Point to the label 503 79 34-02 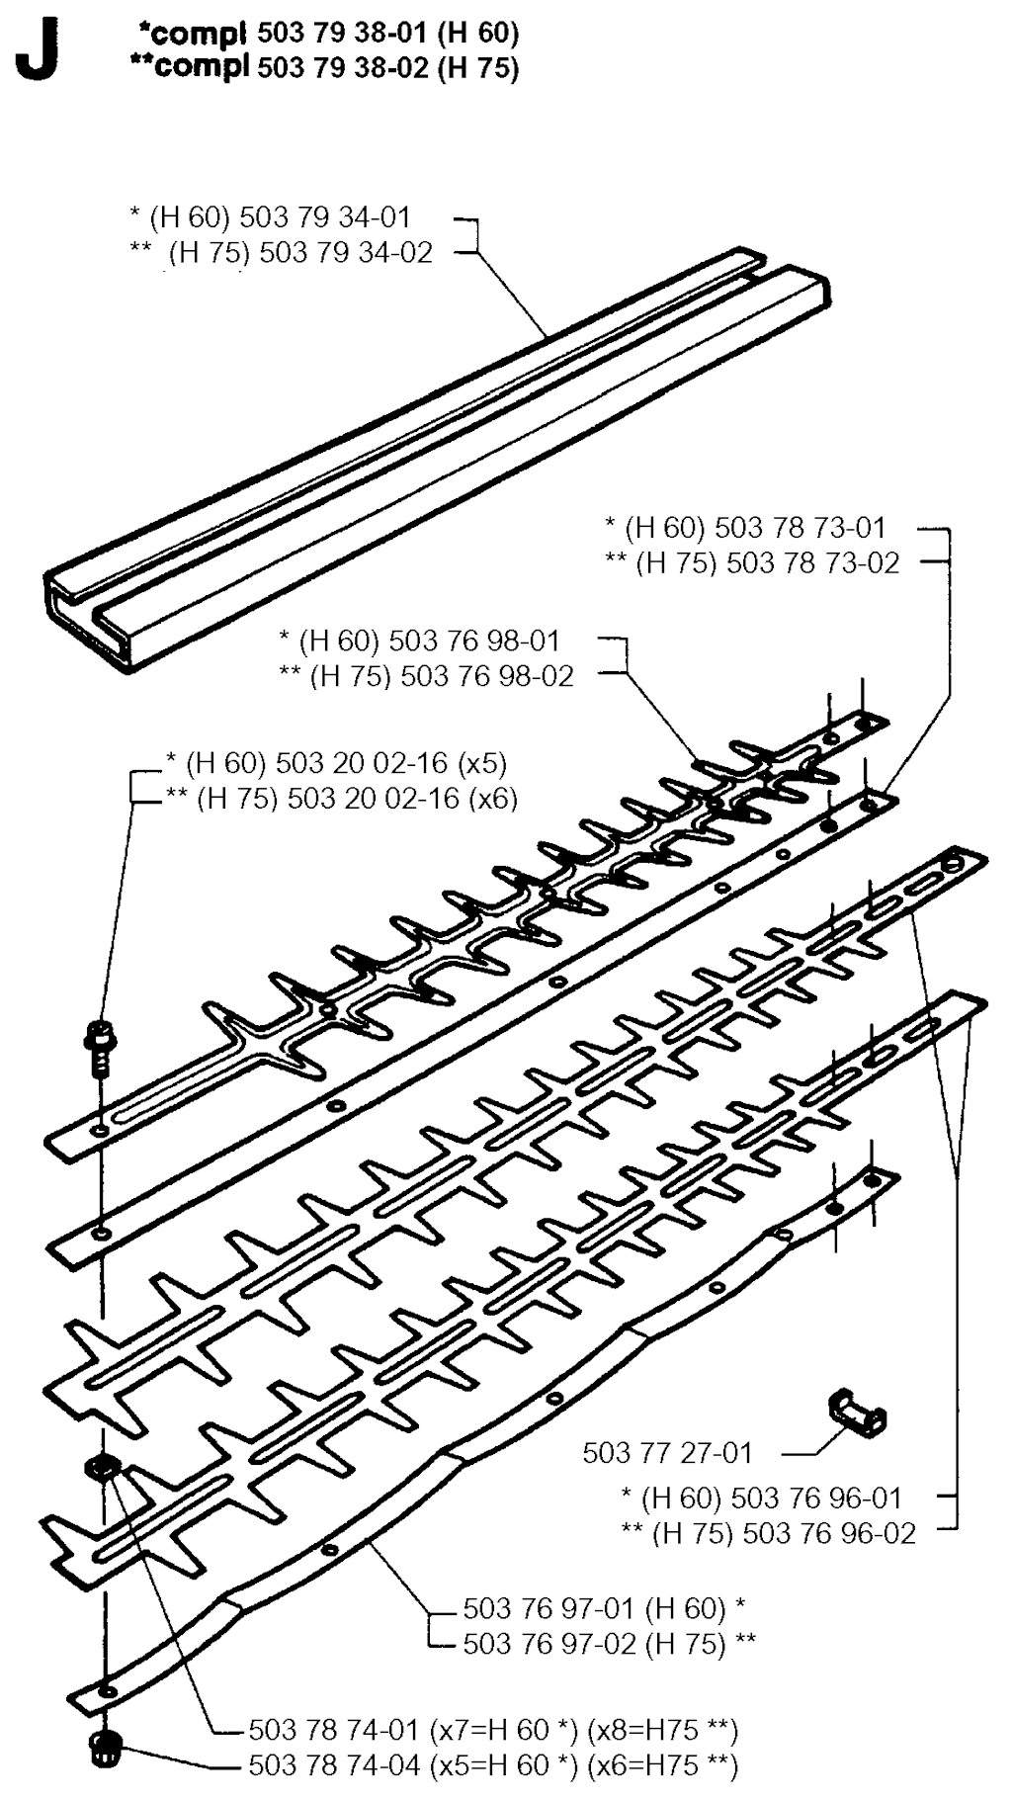(346, 252)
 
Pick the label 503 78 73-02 (813, 562)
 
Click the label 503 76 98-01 (474, 641)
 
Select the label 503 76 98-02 (487, 676)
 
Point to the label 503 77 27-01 (667, 1452)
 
